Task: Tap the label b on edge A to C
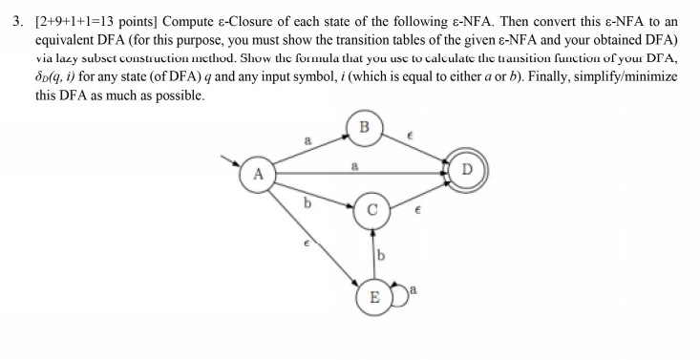307,201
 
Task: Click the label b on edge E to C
380,254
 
